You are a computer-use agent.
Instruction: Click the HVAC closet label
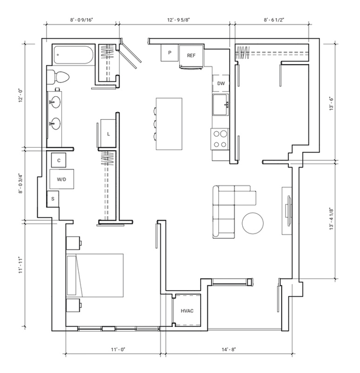click(187, 311)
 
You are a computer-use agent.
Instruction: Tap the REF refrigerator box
click(191, 56)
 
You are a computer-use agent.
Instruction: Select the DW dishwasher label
click(221, 83)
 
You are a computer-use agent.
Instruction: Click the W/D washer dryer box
click(62, 179)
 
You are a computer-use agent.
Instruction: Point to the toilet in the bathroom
click(58, 77)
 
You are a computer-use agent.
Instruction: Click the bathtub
click(74, 55)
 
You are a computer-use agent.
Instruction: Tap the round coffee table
click(253, 223)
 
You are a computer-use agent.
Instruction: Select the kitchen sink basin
click(221, 104)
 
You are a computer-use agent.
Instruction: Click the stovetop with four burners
click(220, 139)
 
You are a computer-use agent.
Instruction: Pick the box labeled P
click(170, 53)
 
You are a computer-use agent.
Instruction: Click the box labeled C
click(59, 161)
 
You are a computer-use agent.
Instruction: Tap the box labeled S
click(53, 199)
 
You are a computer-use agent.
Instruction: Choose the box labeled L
click(108, 134)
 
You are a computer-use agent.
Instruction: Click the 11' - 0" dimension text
click(118, 350)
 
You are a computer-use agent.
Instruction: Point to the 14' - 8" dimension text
click(229, 350)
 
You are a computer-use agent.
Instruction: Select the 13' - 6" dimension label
click(331, 103)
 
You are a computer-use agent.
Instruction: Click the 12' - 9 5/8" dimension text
click(179, 20)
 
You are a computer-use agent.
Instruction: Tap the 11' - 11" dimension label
click(20, 265)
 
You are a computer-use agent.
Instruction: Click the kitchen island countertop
click(169, 124)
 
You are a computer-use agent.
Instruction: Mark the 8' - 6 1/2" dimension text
click(274, 20)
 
